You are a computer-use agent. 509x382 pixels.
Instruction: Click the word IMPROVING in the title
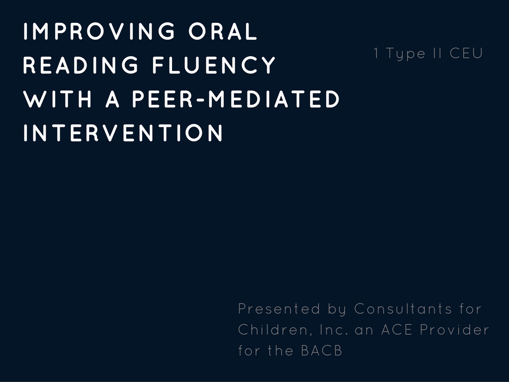tap(99, 31)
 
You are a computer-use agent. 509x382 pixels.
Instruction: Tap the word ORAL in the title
tap(223, 31)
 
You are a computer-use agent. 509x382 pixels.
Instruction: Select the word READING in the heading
tap(81, 65)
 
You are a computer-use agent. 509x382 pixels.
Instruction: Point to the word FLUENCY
tap(214, 65)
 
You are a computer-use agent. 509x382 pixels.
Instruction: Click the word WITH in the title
tap(58, 99)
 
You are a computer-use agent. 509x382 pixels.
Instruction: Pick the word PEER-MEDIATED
tap(236, 99)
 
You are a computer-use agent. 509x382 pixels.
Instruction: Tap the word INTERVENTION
tap(123, 133)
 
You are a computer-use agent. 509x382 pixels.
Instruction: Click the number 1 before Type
tap(376, 53)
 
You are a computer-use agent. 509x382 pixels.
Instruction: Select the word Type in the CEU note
tap(406, 54)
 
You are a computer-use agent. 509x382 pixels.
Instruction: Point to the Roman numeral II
tap(437, 53)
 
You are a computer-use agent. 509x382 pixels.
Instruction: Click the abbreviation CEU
tap(466, 53)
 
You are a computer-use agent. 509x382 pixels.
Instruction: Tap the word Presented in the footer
tap(279, 308)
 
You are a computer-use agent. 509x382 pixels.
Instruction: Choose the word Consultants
tap(403, 308)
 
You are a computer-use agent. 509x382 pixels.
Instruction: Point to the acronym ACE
tap(397, 330)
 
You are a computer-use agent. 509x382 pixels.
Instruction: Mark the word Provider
tap(454, 330)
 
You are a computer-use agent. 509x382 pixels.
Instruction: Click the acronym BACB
tap(322, 351)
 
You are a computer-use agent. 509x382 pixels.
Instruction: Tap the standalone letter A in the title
tap(112, 99)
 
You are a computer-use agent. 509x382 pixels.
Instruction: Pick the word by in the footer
tap(337, 309)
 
